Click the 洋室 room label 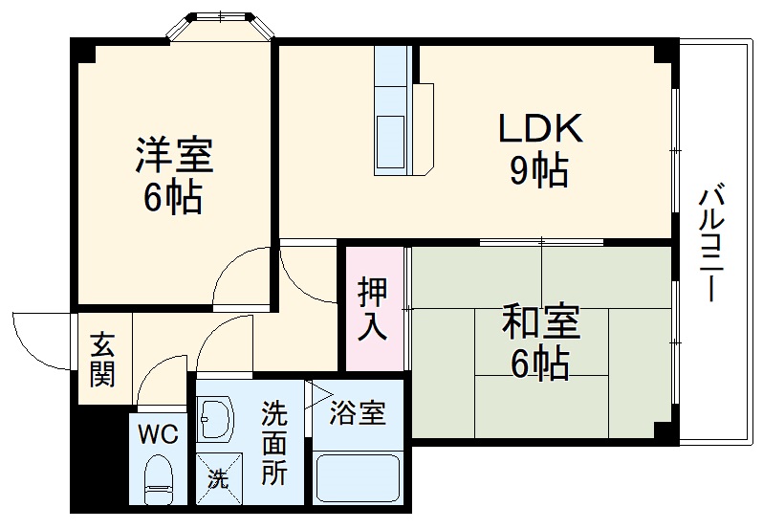(173, 153)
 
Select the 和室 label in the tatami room (540, 323)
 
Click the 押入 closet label (373, 308)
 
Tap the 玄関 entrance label (101, 359)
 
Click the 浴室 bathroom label (359, 414)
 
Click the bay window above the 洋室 (221, 26)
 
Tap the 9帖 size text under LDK (538, 172)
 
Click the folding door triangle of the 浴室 (317, 395)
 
